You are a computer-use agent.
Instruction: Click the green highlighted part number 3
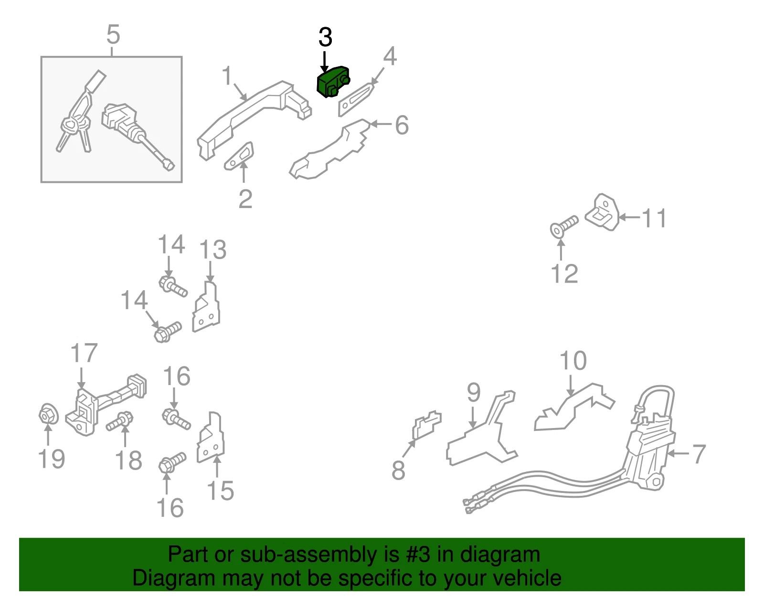coord(332,82)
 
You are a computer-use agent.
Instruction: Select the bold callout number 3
coord(325,37)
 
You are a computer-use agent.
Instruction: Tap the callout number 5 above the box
coord(113,34)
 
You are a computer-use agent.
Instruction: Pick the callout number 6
coord(402,125)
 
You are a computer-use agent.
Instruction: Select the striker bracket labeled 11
coord(602,212)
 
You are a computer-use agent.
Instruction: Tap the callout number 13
coord(212,250)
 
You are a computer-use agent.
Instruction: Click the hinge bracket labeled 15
coord(210,438)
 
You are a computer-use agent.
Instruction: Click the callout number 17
coord(84,353)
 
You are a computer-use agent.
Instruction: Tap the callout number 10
coord(573,361)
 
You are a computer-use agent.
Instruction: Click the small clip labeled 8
coord(426,425)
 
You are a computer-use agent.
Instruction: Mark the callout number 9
coord(474,393)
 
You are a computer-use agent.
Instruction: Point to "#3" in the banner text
coord(418,554)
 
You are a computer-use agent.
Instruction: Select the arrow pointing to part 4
coord(378,76)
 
